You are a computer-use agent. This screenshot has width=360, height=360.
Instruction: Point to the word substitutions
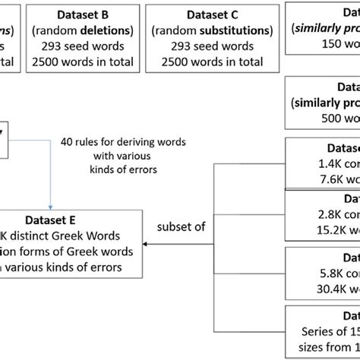point(229,30)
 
